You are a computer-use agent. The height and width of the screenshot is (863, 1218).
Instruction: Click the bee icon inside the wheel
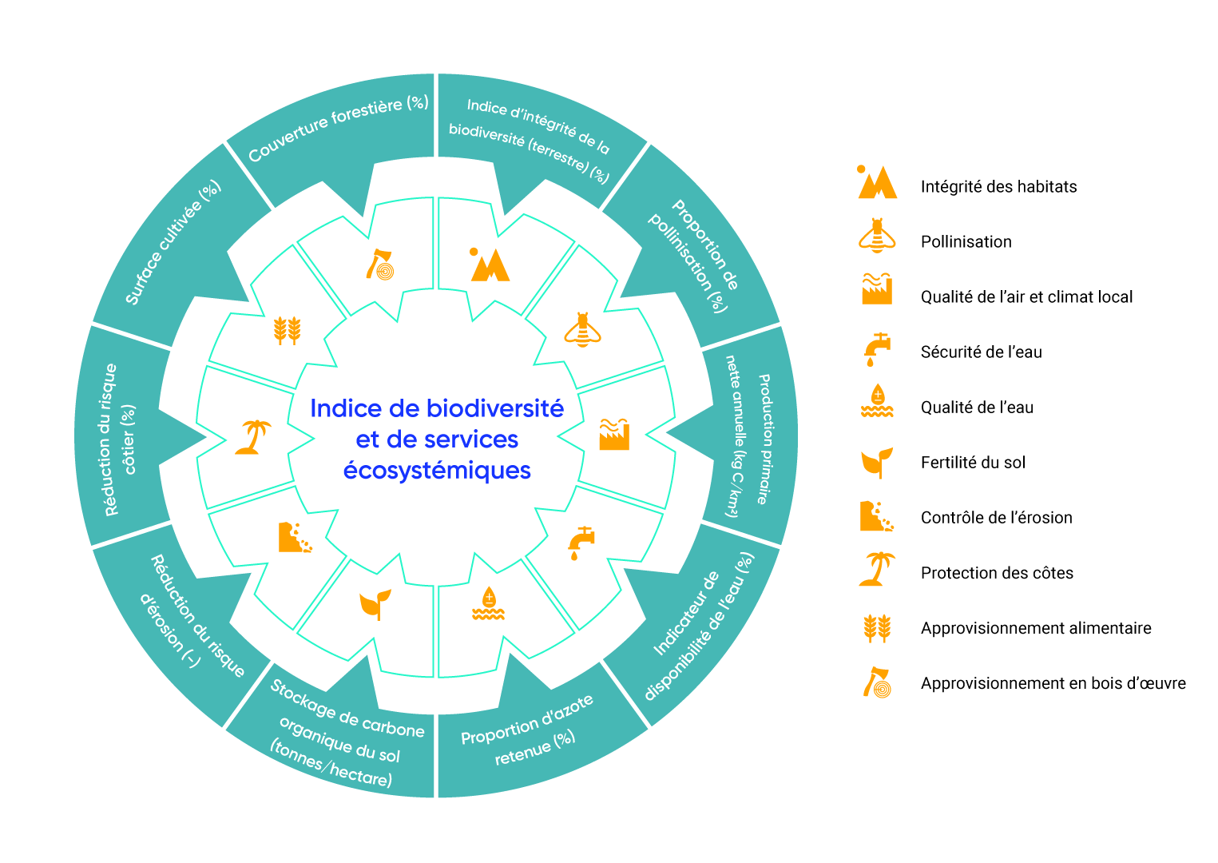(x=582, y=329)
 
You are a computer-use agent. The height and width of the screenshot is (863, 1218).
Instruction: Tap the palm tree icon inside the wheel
(x=253, y=437)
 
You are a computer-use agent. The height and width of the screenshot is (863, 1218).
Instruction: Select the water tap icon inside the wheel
(x=581, y=542)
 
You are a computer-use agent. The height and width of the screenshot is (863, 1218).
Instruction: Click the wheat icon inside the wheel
(x=287, y=329)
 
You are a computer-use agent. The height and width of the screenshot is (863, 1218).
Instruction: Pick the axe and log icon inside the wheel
(x=380, y=265)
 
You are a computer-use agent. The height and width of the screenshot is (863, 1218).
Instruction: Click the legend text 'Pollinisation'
(x=966, y=242)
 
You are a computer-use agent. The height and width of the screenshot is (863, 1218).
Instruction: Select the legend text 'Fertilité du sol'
(x=973, y=463)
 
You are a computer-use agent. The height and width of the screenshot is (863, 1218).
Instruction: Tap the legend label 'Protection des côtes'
(x=997, y=573)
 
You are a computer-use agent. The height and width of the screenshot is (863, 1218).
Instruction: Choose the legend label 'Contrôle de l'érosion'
(x=996, y=518)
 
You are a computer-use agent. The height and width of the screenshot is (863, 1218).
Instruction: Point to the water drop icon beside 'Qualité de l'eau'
(x=877, y=401)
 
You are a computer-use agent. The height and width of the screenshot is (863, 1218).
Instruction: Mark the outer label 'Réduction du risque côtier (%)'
(x=119, y=439)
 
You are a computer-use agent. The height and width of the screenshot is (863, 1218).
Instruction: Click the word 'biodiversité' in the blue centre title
(x=495, y=408)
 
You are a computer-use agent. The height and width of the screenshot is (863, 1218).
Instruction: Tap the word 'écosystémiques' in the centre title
(x=437, y=471)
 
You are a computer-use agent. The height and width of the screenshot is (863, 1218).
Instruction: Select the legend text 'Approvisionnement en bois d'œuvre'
(x=1053, y=683)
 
